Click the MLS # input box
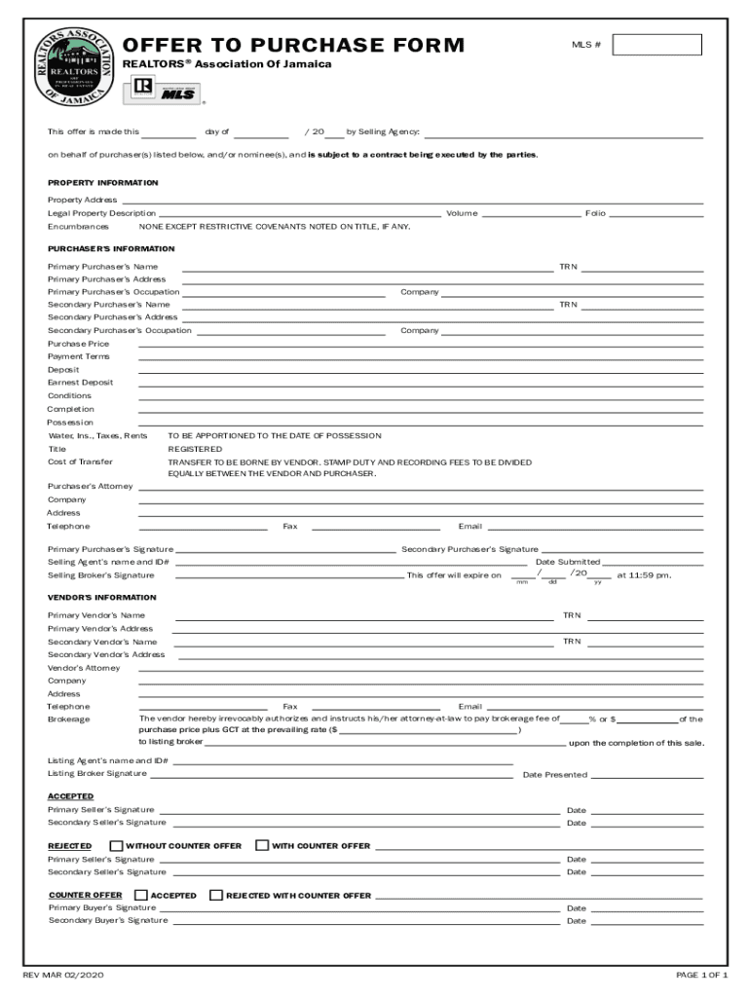656,45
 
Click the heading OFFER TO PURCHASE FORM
293,46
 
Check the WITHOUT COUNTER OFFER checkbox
117,845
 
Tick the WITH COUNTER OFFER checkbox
262,845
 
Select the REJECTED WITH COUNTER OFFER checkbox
216,895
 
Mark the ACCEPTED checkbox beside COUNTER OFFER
141,895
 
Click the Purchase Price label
79,344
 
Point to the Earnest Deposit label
81,383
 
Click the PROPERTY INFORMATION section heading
103,183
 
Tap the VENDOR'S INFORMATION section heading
101,597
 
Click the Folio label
595,213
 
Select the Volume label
462,213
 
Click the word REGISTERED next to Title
195,449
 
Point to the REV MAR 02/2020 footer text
63,975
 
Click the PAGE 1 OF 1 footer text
702,975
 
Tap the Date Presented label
555,775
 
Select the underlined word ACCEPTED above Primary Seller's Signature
71,796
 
